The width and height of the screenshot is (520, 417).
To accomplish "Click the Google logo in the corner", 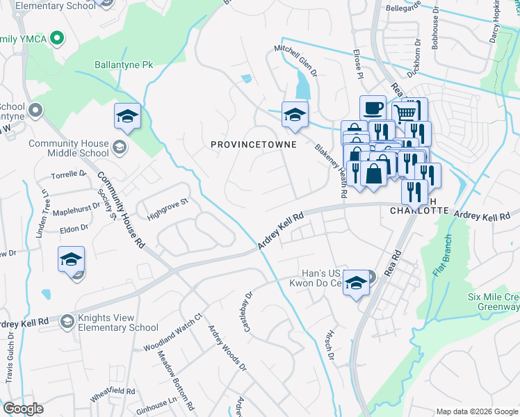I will pyautogui.click(x=23, y=409).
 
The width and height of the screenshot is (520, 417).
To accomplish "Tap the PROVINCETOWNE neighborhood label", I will pyautogui.click(x=254, y=145).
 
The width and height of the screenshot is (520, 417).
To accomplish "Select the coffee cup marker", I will pyautogui.click(x=373, y=108).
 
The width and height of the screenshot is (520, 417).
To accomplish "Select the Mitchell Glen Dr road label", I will pyautogui.click(x=295, y=61).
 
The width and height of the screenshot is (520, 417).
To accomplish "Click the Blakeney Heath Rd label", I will pyautogui.click(x=331, y=171).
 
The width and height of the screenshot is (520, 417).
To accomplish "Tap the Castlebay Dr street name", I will pyautogui.click(x=249, y=311).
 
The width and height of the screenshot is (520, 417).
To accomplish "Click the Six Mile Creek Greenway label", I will pyautogui.click(x=494, y=301).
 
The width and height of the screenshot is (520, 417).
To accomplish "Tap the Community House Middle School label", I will pyautogui.click(x=68, y=148).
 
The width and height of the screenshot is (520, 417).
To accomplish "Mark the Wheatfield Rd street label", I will pyautogui.click(x=112, y=395).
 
